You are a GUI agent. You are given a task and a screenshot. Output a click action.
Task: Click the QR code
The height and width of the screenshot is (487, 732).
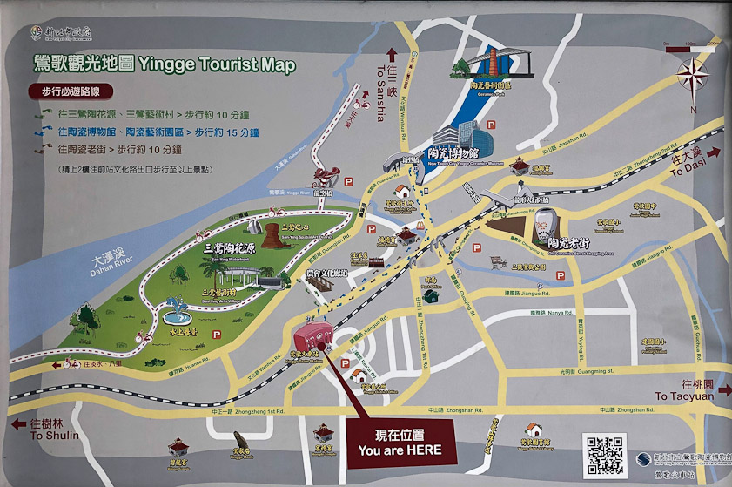tap(605, 452)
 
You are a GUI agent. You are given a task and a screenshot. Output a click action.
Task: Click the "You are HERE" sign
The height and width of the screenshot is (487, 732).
tap(400, 442)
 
